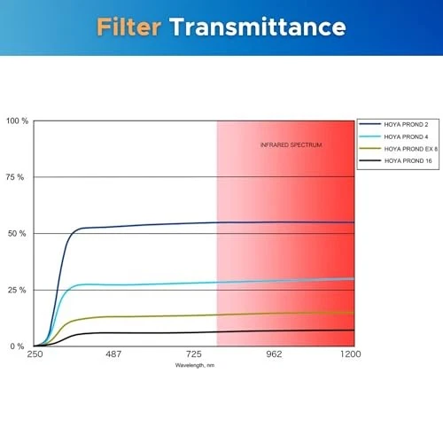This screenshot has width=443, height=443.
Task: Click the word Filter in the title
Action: pyautogui.click(x=130, y=27)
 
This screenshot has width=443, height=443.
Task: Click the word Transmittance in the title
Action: pyautogui.click(x=258, y=27)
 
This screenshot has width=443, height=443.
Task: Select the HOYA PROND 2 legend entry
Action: pyautogui.click(x=397, y=125)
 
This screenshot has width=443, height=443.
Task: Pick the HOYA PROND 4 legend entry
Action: pyautogui.click(x=397, y=136)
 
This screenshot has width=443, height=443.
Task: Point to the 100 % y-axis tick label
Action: pyautogui.click(x=17, y=120)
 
